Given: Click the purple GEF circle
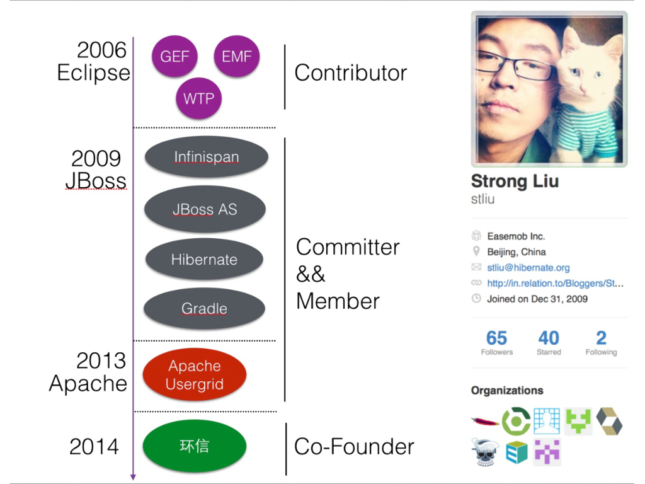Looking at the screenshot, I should click(174, 56).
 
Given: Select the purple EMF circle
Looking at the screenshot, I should click(237, 56).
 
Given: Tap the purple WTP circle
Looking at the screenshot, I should click(199, 98).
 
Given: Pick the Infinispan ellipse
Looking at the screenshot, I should click(207, 157).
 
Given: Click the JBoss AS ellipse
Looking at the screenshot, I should click(205, 209).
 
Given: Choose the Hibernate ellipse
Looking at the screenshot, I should click(204, 259).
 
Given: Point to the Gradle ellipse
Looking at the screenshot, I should click(204, 308).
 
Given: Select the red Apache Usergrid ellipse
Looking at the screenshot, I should click(195, 375).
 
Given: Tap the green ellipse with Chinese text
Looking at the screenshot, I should click(195, 446).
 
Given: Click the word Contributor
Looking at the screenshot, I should click(350, 73).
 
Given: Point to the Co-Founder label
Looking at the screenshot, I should click(354, 447).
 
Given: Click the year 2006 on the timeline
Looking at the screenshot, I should click(101, 50).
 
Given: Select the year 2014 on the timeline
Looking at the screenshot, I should click(94, 447).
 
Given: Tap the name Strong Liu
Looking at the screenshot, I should click(515, 181).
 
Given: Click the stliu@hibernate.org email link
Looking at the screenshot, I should click(528, 268).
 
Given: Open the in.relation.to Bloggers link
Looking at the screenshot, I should click(555, 284).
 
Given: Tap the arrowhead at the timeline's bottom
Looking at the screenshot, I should click(133, 476).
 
